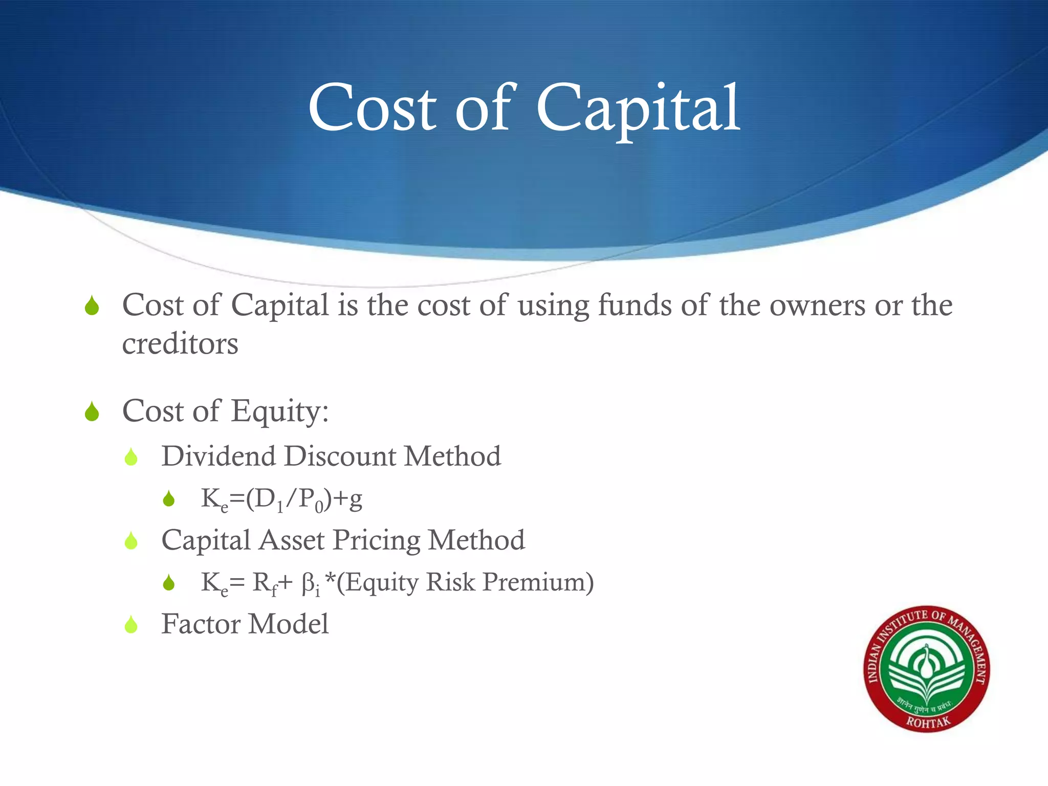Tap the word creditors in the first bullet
(x=180, y=343)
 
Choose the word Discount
(x=339, y=456)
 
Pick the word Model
(x=289, y=624)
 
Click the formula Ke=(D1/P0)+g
(x=281, y=499)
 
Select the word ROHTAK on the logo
(x=928, y=722)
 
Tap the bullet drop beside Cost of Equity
(x=92, y=411)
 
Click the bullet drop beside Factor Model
(x=132, y=625)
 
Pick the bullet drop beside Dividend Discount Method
(x=132, y=457)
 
